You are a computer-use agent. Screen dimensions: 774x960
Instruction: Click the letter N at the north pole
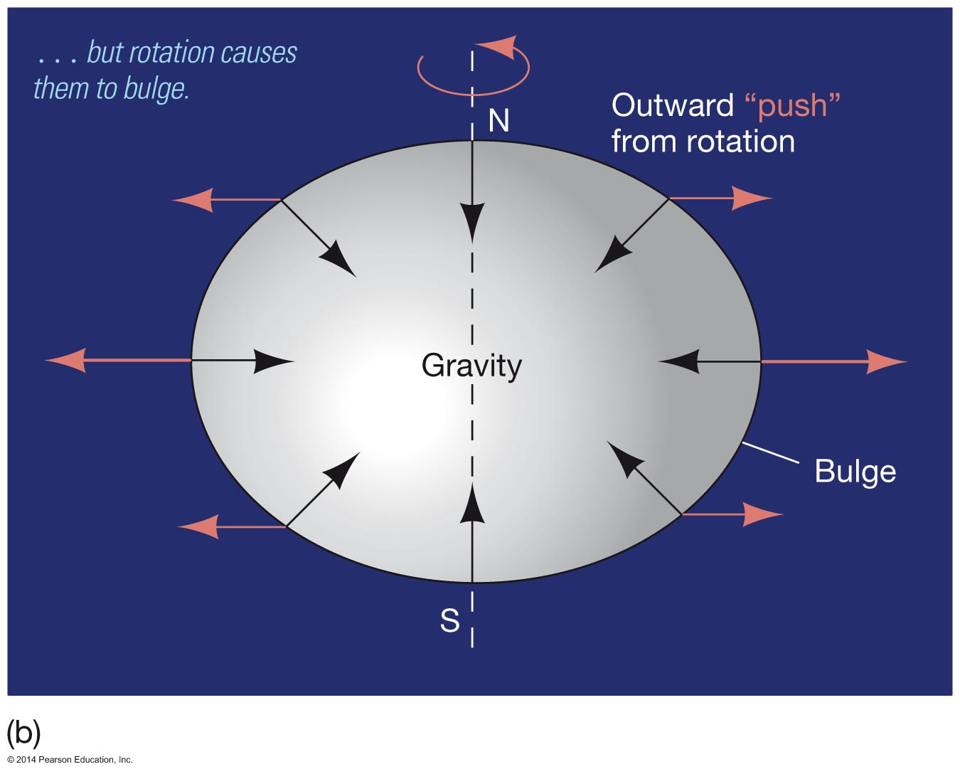498,121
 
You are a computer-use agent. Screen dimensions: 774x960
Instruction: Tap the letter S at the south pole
449,620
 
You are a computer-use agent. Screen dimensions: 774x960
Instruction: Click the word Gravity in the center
471,366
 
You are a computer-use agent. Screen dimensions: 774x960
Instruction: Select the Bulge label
855,471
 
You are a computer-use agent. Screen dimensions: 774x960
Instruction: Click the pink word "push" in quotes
792,105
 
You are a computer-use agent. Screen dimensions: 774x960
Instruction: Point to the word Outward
672,105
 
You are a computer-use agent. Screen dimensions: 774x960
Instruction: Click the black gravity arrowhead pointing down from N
472,221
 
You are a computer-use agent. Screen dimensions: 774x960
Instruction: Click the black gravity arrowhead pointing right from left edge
274,361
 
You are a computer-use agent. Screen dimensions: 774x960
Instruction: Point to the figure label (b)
23,733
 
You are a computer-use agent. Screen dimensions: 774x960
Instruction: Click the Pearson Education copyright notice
70,760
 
